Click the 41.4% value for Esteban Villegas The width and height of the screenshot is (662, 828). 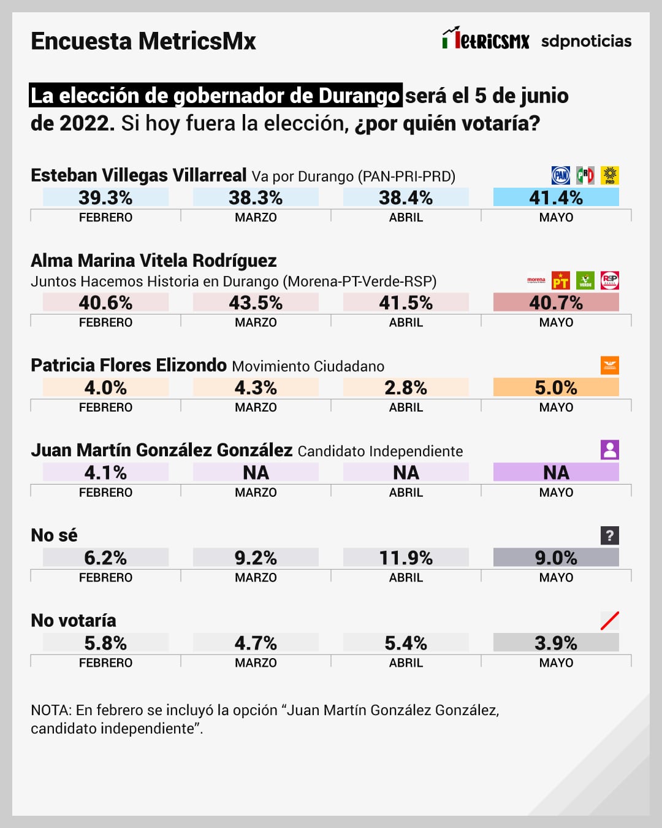556,197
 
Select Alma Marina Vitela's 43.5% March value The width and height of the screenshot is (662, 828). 256,302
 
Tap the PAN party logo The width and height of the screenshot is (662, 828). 561,175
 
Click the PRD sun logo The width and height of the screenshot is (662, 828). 610,175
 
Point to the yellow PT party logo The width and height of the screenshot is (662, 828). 561,280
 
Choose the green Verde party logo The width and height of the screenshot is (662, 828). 585,280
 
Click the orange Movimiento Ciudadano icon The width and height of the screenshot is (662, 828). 610,366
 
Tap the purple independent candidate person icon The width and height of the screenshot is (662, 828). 610,450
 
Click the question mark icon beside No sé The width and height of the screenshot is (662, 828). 610,535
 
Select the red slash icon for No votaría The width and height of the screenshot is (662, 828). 610,621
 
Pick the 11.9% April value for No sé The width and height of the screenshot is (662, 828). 406,558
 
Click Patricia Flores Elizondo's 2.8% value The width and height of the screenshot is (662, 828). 406,388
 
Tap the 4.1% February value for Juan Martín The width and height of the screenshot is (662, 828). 105,473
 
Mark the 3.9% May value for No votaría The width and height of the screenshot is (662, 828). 556,643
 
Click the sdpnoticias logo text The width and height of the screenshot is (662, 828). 586,41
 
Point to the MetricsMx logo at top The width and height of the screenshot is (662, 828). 485,39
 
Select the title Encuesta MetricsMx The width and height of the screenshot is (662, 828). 143,41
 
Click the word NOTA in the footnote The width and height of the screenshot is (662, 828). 51,710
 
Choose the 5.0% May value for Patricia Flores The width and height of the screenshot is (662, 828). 556,388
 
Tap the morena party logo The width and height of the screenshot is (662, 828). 536,280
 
